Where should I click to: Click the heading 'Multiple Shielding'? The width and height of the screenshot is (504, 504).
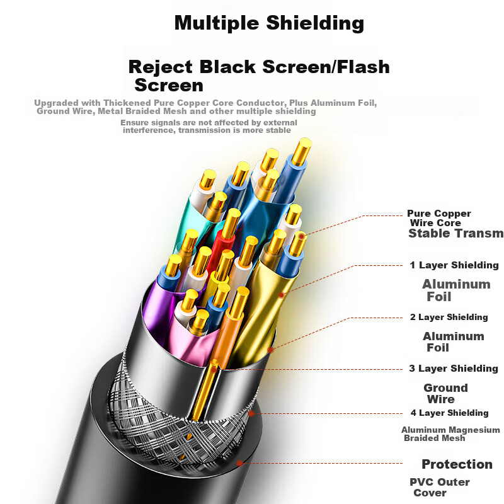(269, 23)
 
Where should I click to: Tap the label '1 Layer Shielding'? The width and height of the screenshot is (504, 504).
(454, 265)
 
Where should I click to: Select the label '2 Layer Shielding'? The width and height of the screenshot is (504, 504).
(449, 317)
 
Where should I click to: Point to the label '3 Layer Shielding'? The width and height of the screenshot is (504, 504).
(454, 369)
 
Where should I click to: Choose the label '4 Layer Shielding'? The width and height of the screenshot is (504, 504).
(449, 413)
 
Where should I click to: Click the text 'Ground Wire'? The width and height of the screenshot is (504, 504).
(445, 394)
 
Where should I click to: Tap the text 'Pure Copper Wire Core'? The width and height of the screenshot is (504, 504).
(438, 218)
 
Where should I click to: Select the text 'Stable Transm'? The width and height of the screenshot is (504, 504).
(455, 234)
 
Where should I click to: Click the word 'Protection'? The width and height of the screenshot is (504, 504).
(457, 464)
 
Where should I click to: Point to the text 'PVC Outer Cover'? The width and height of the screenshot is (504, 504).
(439, 487)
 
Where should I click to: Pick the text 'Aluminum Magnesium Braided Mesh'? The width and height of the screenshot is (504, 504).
(450, 433)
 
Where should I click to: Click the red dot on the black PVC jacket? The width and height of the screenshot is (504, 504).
(239, 463)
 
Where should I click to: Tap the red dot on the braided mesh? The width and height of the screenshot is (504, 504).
(251, 413)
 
